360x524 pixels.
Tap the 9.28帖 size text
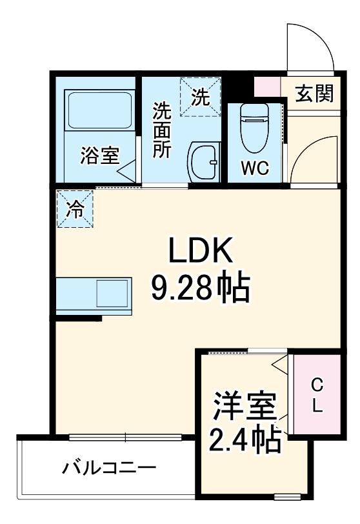(x=199, y=290)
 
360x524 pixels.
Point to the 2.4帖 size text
(x=245, y=441)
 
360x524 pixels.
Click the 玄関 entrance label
(x=314, y=94)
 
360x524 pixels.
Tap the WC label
(x=255, y=168)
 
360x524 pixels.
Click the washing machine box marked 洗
(x=200, y=97)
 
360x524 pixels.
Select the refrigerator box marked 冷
(x=75, y=209)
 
